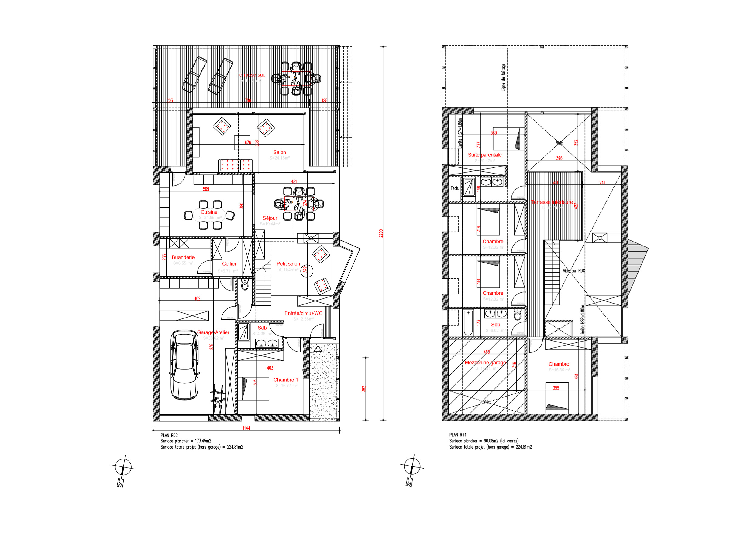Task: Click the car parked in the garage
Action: click(184, 365)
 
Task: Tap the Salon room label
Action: click(280, 152)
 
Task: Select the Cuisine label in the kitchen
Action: click(209, 212)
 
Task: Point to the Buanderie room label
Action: click(183, 257)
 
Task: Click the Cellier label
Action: click(229, 264)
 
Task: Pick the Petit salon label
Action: click(288, 264)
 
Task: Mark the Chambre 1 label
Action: click(286, 380)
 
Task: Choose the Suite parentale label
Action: click(485, 155)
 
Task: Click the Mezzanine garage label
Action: click(485, 363)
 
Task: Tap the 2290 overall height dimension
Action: click(381, 233)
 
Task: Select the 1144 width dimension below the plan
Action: click(246, 428)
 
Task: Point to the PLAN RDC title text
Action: click(169, 435)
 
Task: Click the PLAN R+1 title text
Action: click(458, 435)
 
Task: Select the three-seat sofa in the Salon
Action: click(236, 165)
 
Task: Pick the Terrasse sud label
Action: click(250, 75)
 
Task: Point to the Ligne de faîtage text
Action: click(504, 77)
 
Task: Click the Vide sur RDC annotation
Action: click(574, 271)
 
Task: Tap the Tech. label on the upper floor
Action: click(455, 188)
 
